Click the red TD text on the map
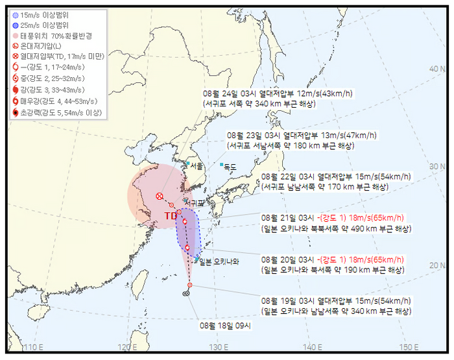[171, 216]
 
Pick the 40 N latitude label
[436, 69]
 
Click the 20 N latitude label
[436, 265]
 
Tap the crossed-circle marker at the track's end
[160, 197]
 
